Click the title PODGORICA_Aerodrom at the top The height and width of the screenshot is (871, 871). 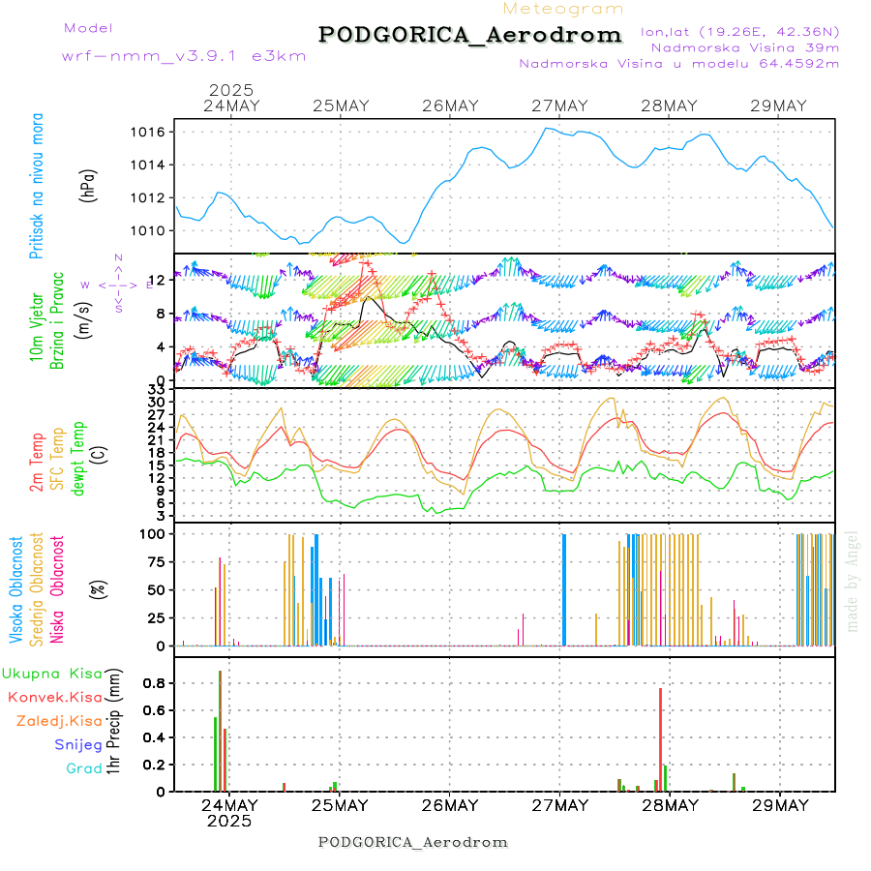469,36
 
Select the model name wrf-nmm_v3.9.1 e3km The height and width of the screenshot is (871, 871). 183,56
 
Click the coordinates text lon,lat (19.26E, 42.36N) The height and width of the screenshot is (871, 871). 739,31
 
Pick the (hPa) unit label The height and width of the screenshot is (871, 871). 89,185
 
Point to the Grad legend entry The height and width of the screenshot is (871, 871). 84,768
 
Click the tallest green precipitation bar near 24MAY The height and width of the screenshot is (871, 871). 220,731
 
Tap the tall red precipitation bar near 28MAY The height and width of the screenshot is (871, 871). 660,739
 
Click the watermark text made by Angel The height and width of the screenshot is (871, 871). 853,581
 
